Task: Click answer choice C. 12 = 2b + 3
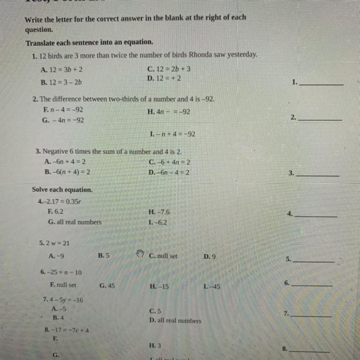click(169, 69)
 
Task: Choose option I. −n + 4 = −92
click(173, 134)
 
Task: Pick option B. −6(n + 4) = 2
click(67, 172)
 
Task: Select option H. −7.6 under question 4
click(160, 212)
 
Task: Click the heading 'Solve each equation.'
click(62, 190)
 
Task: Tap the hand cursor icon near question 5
click(140, 254)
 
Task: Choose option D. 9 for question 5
click(209, 257)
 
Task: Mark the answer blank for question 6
click(312, 284)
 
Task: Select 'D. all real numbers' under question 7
click(175, 321)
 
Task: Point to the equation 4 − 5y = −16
click(63, 300)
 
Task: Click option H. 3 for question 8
click(155, 346)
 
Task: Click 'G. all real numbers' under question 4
click(75, 222)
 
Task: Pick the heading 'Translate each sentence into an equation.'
click(90, 42)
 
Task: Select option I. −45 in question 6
click(212, 286)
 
